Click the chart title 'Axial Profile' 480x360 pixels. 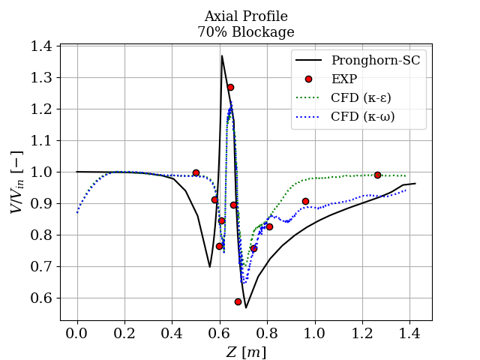click(x=245, y=16)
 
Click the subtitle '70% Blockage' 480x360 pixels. click(x=245, y=32)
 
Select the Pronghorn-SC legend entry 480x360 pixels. click(x=376, y=61)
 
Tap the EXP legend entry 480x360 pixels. click(x=343, y=79)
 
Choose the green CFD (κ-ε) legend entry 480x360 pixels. click(x=361, y=97)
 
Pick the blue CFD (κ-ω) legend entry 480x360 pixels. click(x=362, y=116)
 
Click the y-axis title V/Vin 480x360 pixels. click(x=17, y=183)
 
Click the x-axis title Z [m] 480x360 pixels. click(x=245, y=352)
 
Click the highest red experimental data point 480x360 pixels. click(x=230, y=87)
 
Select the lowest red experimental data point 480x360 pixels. click(x=238, y=301)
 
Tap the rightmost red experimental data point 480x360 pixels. click(x=377, y=175)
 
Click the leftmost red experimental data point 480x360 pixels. click(x=196, y=172)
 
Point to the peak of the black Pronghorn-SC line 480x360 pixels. click(x=222, y=55)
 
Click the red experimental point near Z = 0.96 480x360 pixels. click(x=305, y=201)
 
